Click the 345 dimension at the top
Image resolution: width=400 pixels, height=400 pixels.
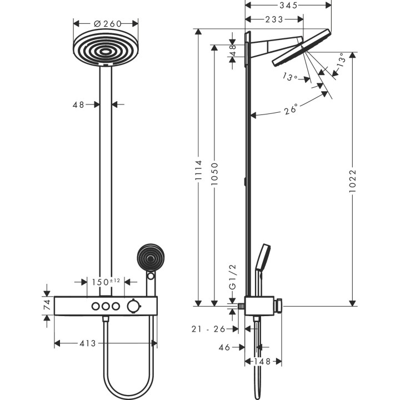click(288, 5)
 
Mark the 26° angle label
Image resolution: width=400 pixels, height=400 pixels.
click(291, 108)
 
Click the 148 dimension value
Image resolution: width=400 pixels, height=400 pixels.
click(259, 362)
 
